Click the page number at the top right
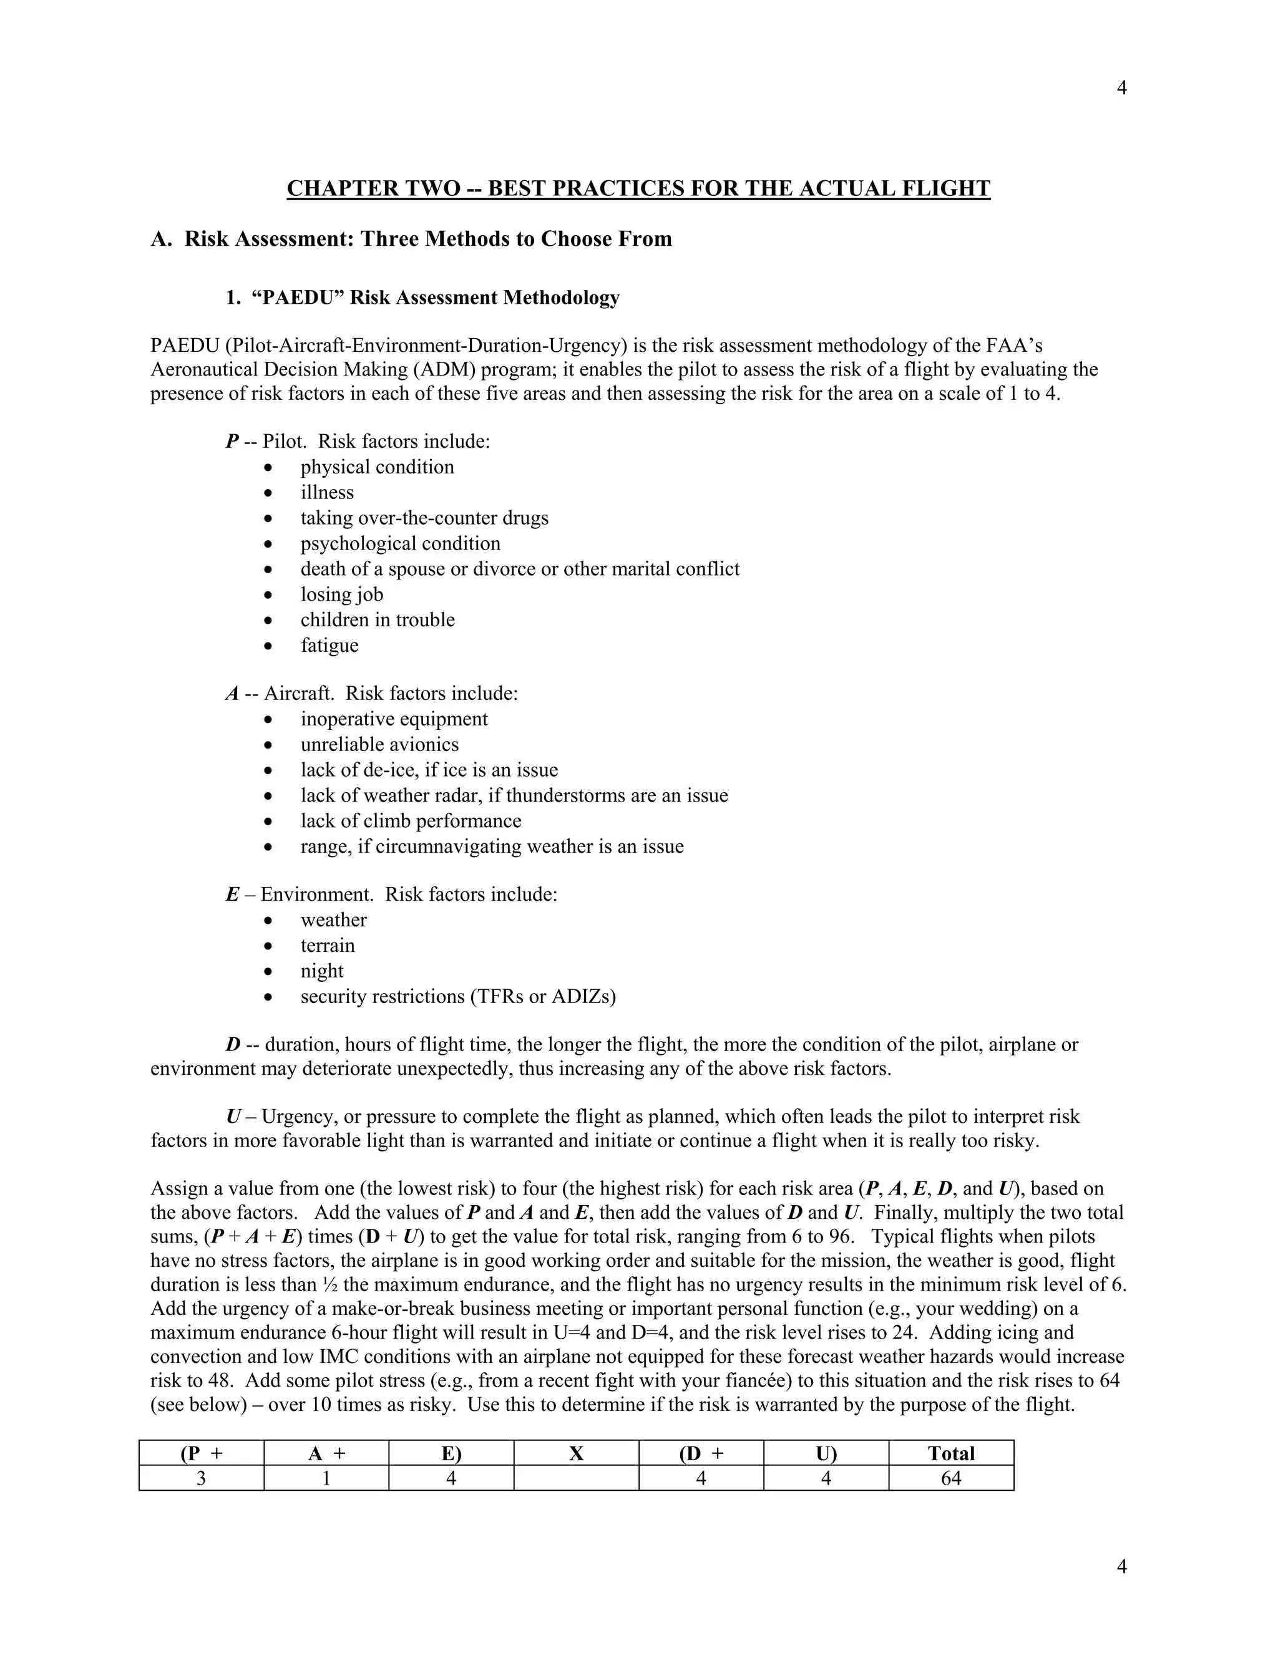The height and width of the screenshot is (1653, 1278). coord(1121,89)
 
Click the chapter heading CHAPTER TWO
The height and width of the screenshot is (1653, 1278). coord(638,188)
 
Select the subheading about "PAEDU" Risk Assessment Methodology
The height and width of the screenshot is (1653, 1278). coord(422,298)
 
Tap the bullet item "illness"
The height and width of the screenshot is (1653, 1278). coord(327,493)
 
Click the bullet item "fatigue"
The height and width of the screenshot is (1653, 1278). coord(329,646)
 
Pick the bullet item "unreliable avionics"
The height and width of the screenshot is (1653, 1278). coord(379,745)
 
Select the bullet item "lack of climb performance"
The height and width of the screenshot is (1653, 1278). coord(411,822)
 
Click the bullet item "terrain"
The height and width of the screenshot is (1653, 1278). coord(327,945)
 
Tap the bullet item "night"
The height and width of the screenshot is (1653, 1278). coord(322,971)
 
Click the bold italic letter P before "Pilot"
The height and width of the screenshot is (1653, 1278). coord(232,441)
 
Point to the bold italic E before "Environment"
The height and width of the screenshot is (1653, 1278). coord(232,894)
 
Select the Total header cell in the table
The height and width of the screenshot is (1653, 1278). coord(951,1453)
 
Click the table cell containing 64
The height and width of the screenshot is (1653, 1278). coord(951,1478)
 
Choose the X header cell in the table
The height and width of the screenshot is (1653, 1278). coord(576,1453)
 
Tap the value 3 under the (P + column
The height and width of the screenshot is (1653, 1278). coord(202,1478)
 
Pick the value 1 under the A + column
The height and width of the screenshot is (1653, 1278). coord(326,1478)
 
